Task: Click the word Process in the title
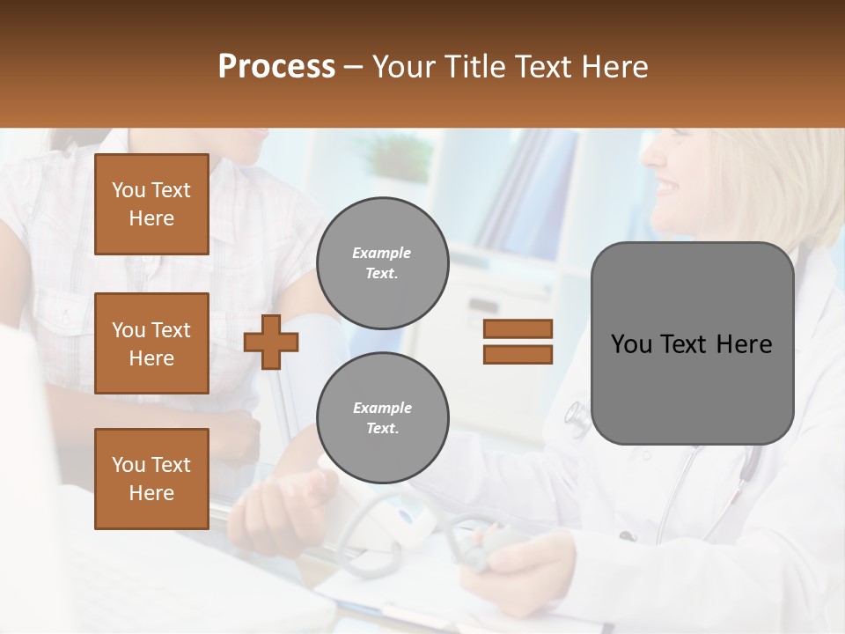(276, 67)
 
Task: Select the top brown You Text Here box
(151, 204)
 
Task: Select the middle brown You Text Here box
(151, 343)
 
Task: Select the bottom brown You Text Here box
(151, 479)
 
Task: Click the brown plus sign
(271, 342)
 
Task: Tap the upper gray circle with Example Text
(382, 263)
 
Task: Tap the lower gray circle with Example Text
(382, 418)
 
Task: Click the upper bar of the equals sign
(518, 329)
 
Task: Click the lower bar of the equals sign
(518, 354)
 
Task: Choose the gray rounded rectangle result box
(692, 343)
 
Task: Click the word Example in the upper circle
(382, 254)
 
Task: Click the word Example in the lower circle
(382, 409)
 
